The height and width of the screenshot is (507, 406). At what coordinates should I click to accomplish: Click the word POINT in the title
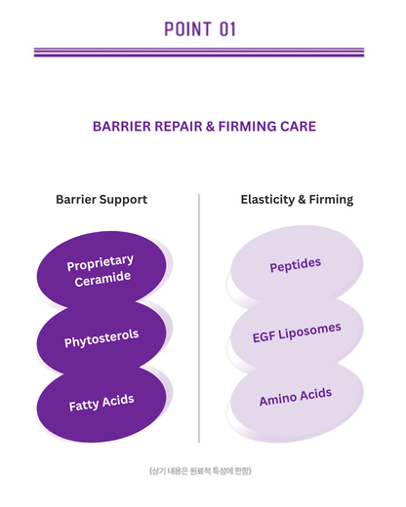click(x=188, y=29)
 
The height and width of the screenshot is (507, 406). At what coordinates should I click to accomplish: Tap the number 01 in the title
click(x=227, y=29)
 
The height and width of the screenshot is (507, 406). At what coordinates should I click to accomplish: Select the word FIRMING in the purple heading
click(x=247, y=126)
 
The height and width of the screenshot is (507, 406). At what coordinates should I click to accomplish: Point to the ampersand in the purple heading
click(x=210, y=126)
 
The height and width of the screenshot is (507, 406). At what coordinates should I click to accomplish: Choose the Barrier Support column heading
click(x=101, y=200)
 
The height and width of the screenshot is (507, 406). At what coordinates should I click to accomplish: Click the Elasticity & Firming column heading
click(x=297, y=200)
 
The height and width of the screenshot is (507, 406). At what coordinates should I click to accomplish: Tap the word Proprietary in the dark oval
click(x=101, y=262)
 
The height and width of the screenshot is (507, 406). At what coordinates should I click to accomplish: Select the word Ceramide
click(x=102, y=279)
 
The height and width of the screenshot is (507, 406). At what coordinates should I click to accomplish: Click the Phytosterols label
click(x=101, y=338)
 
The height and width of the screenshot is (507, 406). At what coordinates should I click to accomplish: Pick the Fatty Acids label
click(x=101, y=403)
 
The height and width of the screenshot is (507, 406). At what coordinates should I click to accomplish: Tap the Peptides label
click(x=296, y=265)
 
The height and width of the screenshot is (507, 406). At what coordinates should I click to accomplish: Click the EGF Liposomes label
click(x=297, y=332)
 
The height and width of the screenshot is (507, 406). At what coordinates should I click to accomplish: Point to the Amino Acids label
click(x=296, y=397)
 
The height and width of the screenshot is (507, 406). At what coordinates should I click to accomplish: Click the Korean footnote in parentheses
click(x=200, y=471)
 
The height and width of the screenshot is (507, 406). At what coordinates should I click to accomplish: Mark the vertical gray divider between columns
click(x=199, y=319)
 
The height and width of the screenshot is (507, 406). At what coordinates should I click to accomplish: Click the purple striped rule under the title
click(x=199, y=53)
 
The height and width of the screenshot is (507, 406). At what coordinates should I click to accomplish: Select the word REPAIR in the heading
click(x=179, y=126)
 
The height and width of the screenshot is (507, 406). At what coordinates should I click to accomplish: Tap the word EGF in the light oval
click(x=264, y=337)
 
